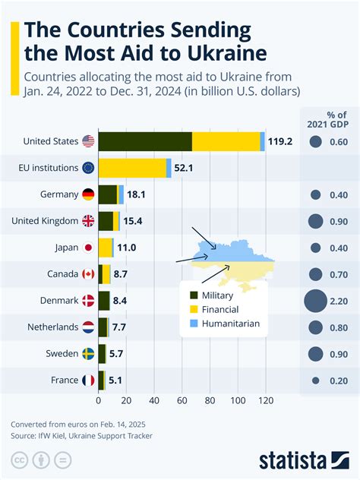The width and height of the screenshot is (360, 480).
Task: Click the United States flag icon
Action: [88, 141]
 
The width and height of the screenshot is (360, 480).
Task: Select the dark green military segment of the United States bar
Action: [145, 141]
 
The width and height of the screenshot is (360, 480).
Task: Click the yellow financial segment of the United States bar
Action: [226, 141]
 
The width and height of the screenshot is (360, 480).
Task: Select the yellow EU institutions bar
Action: [132, 168]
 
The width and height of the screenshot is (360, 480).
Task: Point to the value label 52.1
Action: [183, 168]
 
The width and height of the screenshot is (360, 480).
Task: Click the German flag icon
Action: [88, 194]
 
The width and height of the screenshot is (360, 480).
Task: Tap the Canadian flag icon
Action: [88, 274]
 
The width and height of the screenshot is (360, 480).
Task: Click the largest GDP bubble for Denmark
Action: [315, 301]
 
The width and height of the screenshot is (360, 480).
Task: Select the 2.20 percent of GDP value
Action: [339, 301]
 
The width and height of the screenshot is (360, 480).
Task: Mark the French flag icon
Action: [88, 381]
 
